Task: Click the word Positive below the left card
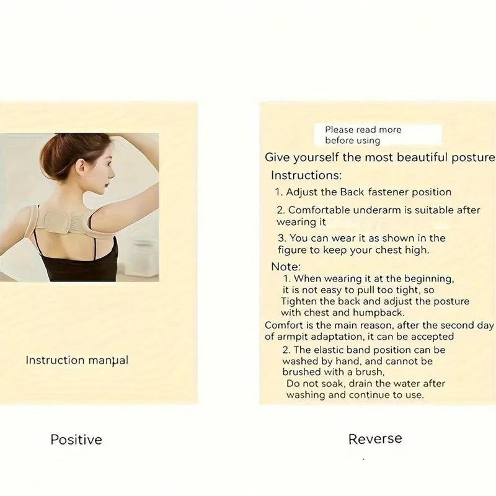click(x=76, y=440)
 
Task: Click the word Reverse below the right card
click(x=375, y=439)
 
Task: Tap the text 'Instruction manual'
click(x=77, y=360)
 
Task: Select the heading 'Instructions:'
click(x=306, y=175)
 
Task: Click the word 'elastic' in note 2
click(x=331, y=350)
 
